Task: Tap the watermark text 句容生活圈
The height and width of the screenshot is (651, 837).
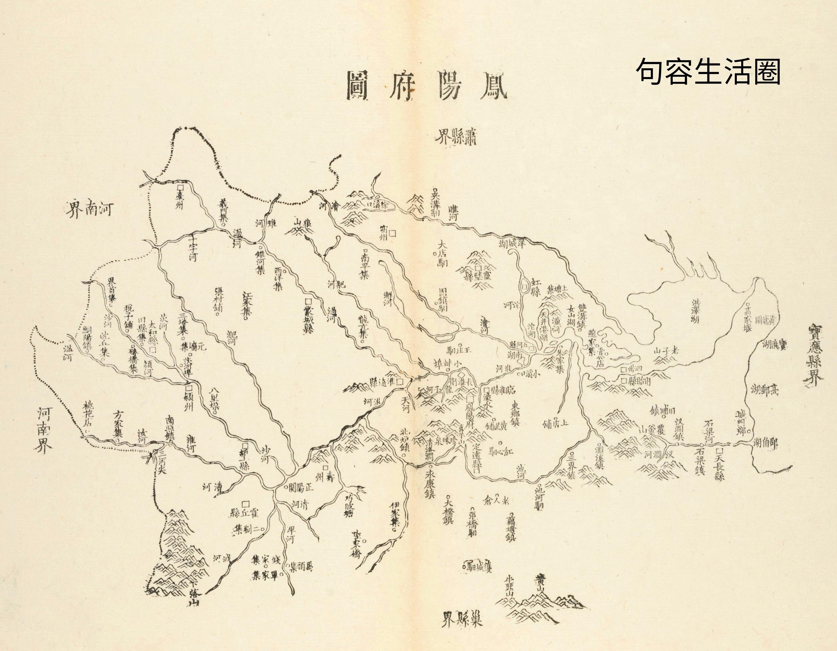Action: coord(708,71)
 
